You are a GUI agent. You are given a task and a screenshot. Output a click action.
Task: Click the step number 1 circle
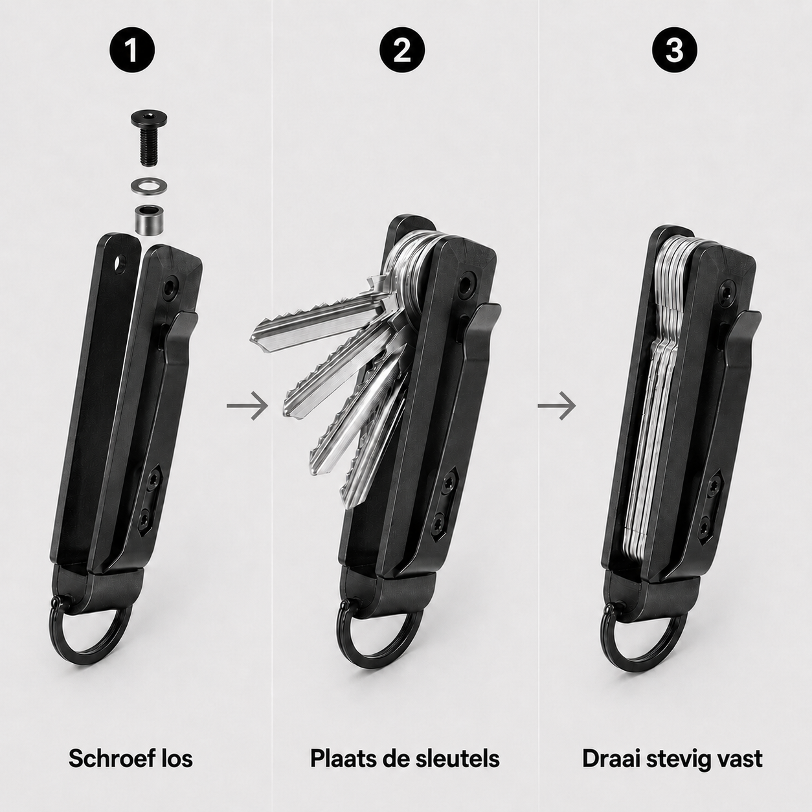click(131, 51)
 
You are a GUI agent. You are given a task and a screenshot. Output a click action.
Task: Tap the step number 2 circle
click(402, 51)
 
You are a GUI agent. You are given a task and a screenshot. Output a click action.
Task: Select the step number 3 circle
click(674, 51)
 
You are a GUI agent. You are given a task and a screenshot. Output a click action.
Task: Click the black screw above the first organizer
click(149, 136)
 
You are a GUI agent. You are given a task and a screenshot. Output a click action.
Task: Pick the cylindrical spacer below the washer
click(149, 219)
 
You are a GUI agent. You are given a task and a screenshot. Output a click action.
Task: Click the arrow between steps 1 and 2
click(247, 405)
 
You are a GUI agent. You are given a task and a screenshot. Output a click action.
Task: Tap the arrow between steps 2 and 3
click(557, 405)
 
